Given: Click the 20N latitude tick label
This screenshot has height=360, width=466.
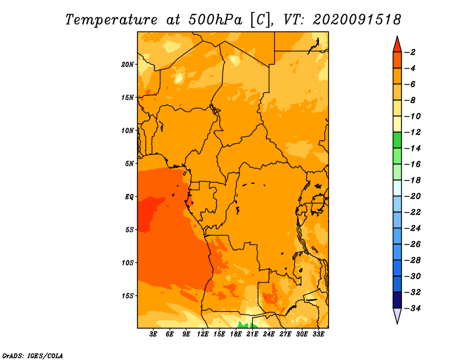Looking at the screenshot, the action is (127, 65).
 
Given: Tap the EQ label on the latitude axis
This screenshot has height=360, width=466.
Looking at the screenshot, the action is (129, 197).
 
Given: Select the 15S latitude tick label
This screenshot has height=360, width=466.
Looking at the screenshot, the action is (127, 296).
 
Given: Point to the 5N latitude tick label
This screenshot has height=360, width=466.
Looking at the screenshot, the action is (129, 164).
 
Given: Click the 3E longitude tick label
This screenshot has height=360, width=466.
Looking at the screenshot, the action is (153, 334).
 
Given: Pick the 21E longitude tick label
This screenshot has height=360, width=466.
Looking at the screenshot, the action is (252, 334).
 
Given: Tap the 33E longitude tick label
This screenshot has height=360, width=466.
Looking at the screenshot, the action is (318, 334).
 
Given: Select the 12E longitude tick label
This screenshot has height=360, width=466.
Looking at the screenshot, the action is (202, 334).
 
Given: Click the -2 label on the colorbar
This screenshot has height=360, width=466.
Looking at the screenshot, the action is (410, 52).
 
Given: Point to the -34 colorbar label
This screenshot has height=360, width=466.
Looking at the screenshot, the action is (412, 308).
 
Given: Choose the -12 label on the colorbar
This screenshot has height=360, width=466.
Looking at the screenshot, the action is (412, 132).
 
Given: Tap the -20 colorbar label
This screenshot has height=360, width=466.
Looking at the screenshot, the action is (412, 196).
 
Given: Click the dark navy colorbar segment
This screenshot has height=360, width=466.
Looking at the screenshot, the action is (397, 300).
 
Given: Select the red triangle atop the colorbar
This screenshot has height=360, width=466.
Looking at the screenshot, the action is (397, 45).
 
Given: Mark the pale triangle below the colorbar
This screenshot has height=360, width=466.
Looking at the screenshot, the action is (397, 315).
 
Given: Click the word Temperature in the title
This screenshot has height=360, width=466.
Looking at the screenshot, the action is (111, 20).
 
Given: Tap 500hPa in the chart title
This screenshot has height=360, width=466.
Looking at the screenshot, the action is (215, 20).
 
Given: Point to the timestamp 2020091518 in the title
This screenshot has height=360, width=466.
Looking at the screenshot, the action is (357, 20).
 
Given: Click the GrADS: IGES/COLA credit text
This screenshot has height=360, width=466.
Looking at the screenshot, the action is (33, 356).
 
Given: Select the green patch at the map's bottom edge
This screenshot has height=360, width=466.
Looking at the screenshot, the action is (245, 325).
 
